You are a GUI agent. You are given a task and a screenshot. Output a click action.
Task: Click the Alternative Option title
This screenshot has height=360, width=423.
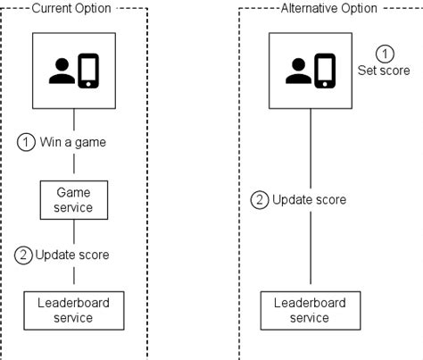(309, 8)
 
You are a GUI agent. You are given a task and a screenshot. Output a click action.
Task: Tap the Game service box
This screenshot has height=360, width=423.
(74, 200)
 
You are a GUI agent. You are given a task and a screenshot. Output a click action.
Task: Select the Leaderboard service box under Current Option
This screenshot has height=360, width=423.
(74, 310)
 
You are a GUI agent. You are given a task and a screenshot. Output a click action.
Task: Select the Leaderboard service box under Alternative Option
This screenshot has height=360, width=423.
(309, 310)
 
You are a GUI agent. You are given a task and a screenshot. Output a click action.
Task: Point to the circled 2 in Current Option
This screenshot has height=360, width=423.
(23, 255)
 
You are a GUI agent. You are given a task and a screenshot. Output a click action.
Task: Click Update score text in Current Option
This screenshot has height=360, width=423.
(72, 255)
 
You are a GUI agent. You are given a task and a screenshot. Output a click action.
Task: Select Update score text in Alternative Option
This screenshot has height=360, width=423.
(309, 199)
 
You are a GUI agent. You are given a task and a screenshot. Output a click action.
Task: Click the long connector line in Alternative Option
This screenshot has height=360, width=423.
(309, 250)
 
